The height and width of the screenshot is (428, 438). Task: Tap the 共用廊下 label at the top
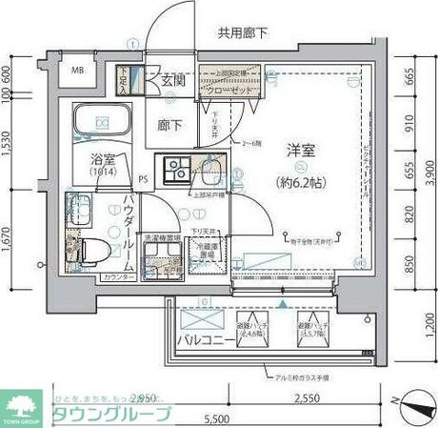pos(242,34)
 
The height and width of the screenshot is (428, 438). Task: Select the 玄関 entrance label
pos(172,79)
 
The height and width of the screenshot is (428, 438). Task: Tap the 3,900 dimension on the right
pos(428,173)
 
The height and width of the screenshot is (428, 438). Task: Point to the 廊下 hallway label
pos(171,124)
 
